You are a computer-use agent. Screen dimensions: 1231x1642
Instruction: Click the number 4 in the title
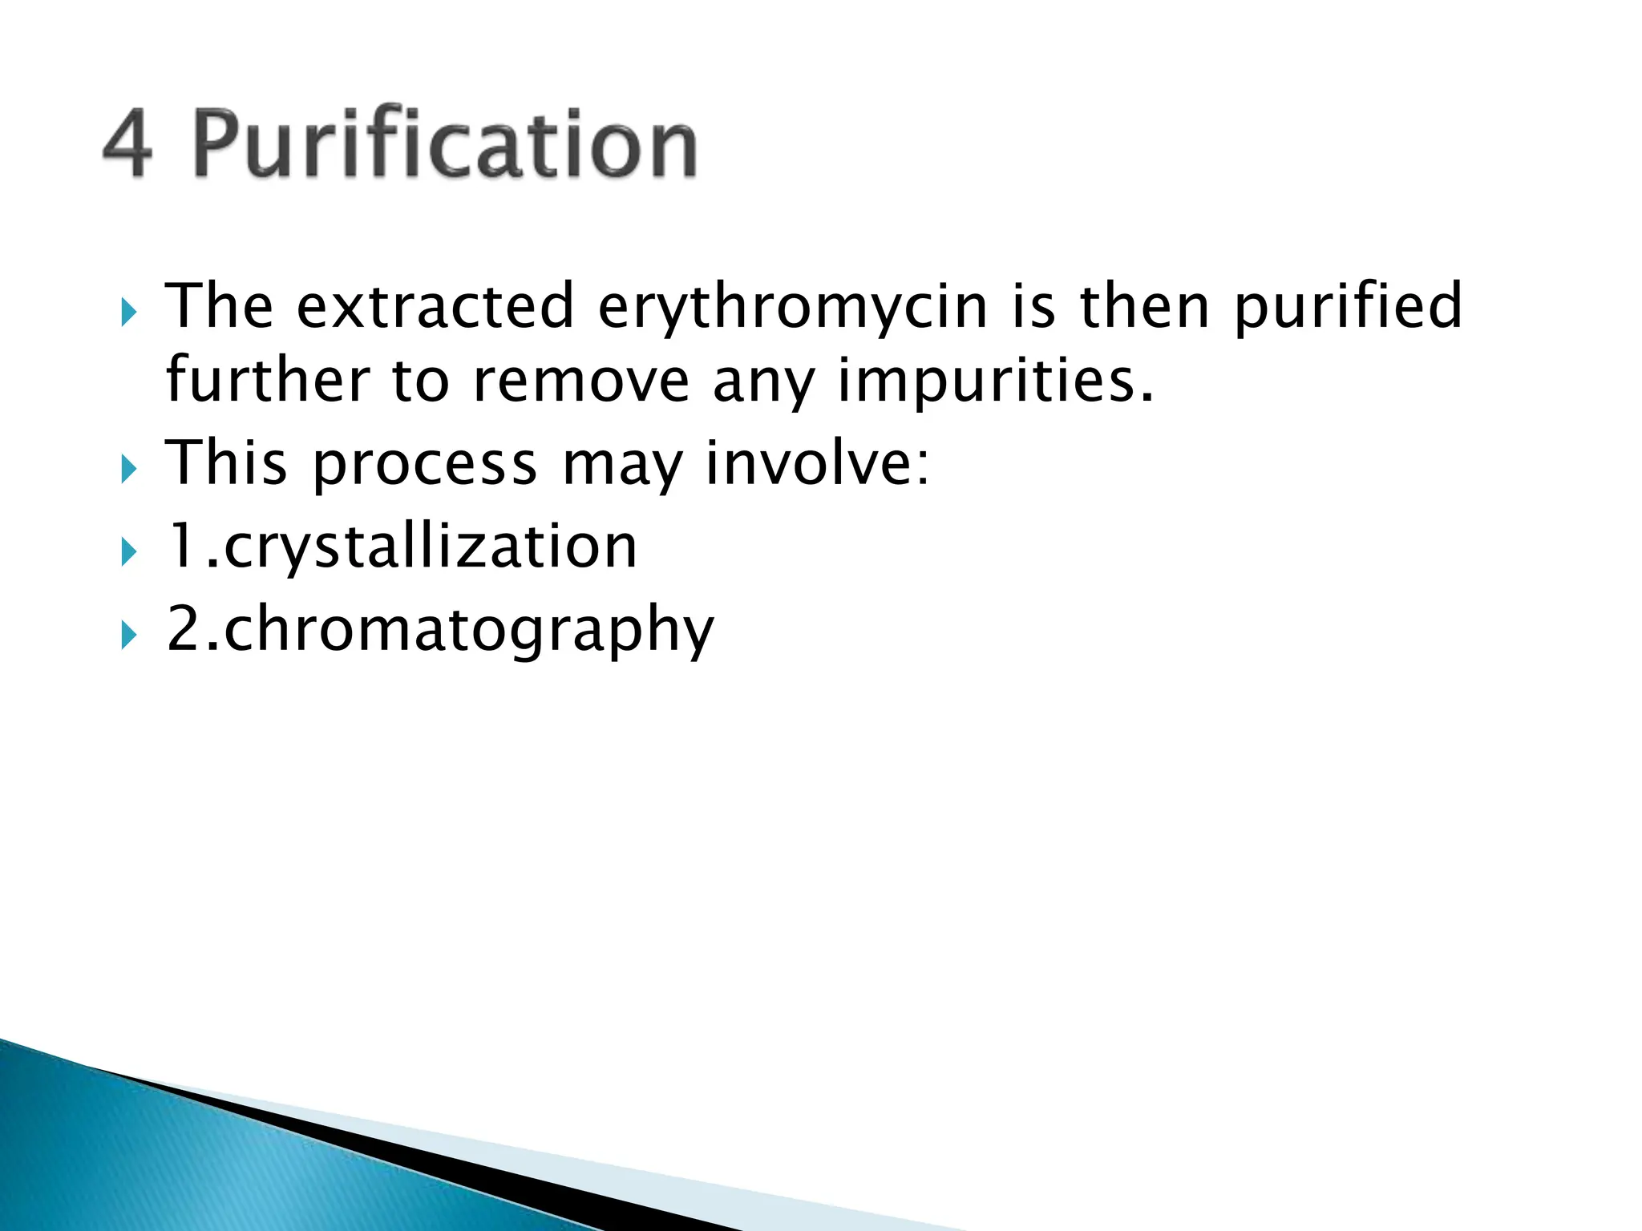point(128,144)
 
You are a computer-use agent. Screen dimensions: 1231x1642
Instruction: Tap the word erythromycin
point(793,307)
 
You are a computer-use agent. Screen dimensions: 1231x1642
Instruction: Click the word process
point(425,466)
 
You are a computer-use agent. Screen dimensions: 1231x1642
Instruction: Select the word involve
point(817,464)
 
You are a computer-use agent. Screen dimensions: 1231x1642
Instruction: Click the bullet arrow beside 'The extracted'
point(128,312)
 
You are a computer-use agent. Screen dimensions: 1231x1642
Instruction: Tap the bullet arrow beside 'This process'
point(128,469)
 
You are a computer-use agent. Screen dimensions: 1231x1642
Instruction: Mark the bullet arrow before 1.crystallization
point(128,552)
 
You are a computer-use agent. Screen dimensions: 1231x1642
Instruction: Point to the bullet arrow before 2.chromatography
point(128,636)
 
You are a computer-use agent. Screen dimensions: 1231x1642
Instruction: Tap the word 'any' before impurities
point(762,383)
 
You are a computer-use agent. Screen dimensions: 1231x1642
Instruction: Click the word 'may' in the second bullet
point(622,466)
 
